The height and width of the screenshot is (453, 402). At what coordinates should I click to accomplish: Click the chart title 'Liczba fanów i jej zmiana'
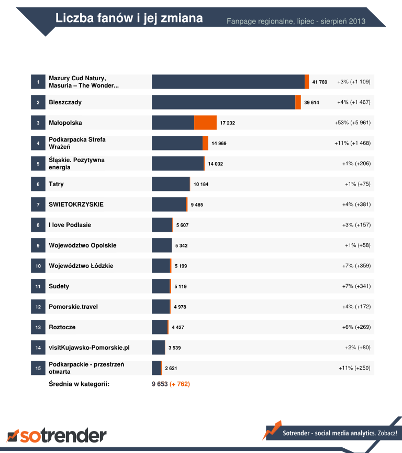(129, 18)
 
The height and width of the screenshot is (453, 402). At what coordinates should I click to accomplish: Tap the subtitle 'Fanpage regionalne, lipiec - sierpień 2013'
(296, 21)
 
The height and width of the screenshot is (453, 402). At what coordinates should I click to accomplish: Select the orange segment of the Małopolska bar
(205, 123)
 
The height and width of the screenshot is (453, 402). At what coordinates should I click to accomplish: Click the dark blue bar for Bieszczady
(223, 102)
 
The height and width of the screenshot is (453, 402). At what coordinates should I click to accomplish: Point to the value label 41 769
(319, 82)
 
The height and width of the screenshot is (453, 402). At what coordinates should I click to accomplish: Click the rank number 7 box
(38, 204)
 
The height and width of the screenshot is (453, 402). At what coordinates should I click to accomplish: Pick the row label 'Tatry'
(56, 184)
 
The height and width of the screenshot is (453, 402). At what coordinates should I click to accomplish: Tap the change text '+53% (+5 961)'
(352, 123)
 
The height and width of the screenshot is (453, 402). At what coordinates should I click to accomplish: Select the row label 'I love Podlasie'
(70, 225)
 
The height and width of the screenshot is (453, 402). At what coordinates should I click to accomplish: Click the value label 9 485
(197, 204)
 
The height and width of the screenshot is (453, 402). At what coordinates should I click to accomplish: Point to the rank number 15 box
(38, 368)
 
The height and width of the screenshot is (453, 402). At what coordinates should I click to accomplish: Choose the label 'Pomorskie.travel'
(73, 307)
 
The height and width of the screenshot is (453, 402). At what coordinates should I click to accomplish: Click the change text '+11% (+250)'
(354, 368)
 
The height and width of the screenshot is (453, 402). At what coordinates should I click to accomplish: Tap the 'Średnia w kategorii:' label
(79, 384)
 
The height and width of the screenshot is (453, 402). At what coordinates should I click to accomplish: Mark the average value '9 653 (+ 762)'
(171, 384)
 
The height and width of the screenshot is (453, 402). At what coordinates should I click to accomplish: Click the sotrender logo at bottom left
(57, 435)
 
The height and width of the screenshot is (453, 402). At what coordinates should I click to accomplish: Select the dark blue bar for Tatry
(170, 184)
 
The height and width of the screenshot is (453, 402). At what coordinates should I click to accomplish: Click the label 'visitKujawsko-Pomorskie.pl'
(89, 348)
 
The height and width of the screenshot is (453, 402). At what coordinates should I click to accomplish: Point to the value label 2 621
(171, 368)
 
